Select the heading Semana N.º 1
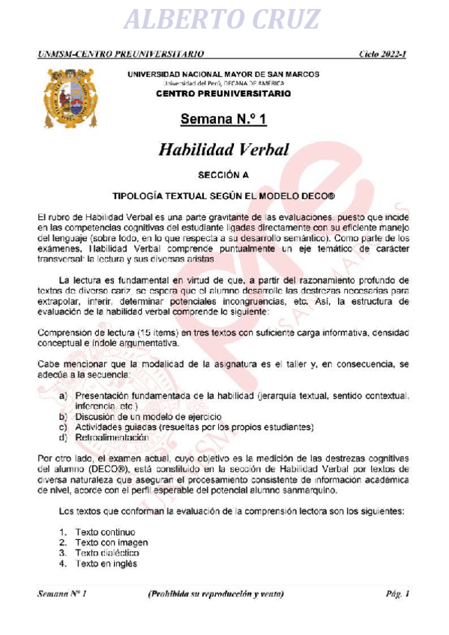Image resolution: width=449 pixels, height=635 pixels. (223, 120)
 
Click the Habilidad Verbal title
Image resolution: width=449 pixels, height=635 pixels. (223, 149)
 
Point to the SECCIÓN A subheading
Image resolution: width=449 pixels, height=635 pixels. (223, 175)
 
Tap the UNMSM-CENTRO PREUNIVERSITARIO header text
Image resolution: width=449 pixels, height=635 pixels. (121, 55)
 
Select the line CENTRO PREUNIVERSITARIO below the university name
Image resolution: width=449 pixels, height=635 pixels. (223, 94)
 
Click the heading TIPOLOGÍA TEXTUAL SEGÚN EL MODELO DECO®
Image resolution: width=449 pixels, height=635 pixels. (223, 195)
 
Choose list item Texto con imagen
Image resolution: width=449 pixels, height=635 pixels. (111, 543)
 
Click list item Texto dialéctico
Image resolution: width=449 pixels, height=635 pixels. (107, 553)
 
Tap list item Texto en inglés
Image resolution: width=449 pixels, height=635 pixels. (106, 564)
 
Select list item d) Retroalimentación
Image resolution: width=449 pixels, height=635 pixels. (112, 437)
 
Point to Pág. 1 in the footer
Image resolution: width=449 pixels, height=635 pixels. (397, 595)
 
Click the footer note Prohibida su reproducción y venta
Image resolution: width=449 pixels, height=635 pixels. (216, 595)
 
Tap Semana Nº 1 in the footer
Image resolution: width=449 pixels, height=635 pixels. (63, 595)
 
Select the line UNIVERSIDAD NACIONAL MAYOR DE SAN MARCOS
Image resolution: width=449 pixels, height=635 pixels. (223, 74)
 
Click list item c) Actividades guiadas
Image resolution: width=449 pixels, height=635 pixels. (193, 427)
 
